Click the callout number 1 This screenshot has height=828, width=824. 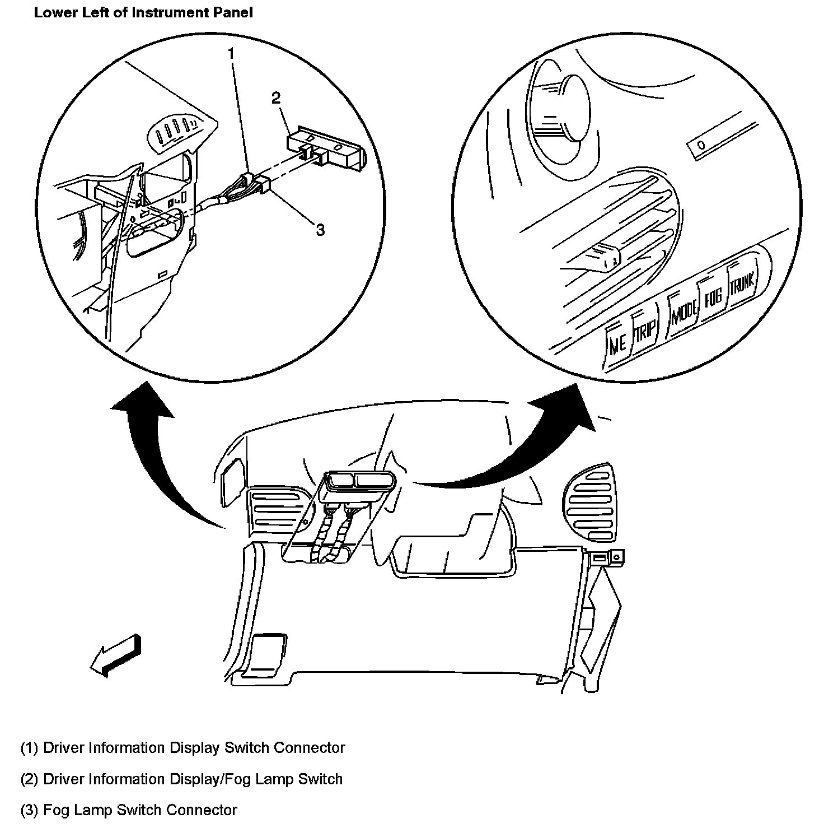230,54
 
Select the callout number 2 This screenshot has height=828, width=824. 275,98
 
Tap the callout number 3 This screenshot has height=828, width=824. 320,230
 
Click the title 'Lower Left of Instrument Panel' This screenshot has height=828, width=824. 143,12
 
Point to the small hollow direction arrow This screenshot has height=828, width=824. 116,655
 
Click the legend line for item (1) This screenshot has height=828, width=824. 182,748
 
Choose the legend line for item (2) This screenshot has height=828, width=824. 181,779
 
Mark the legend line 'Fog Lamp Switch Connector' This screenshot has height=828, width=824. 129,810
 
